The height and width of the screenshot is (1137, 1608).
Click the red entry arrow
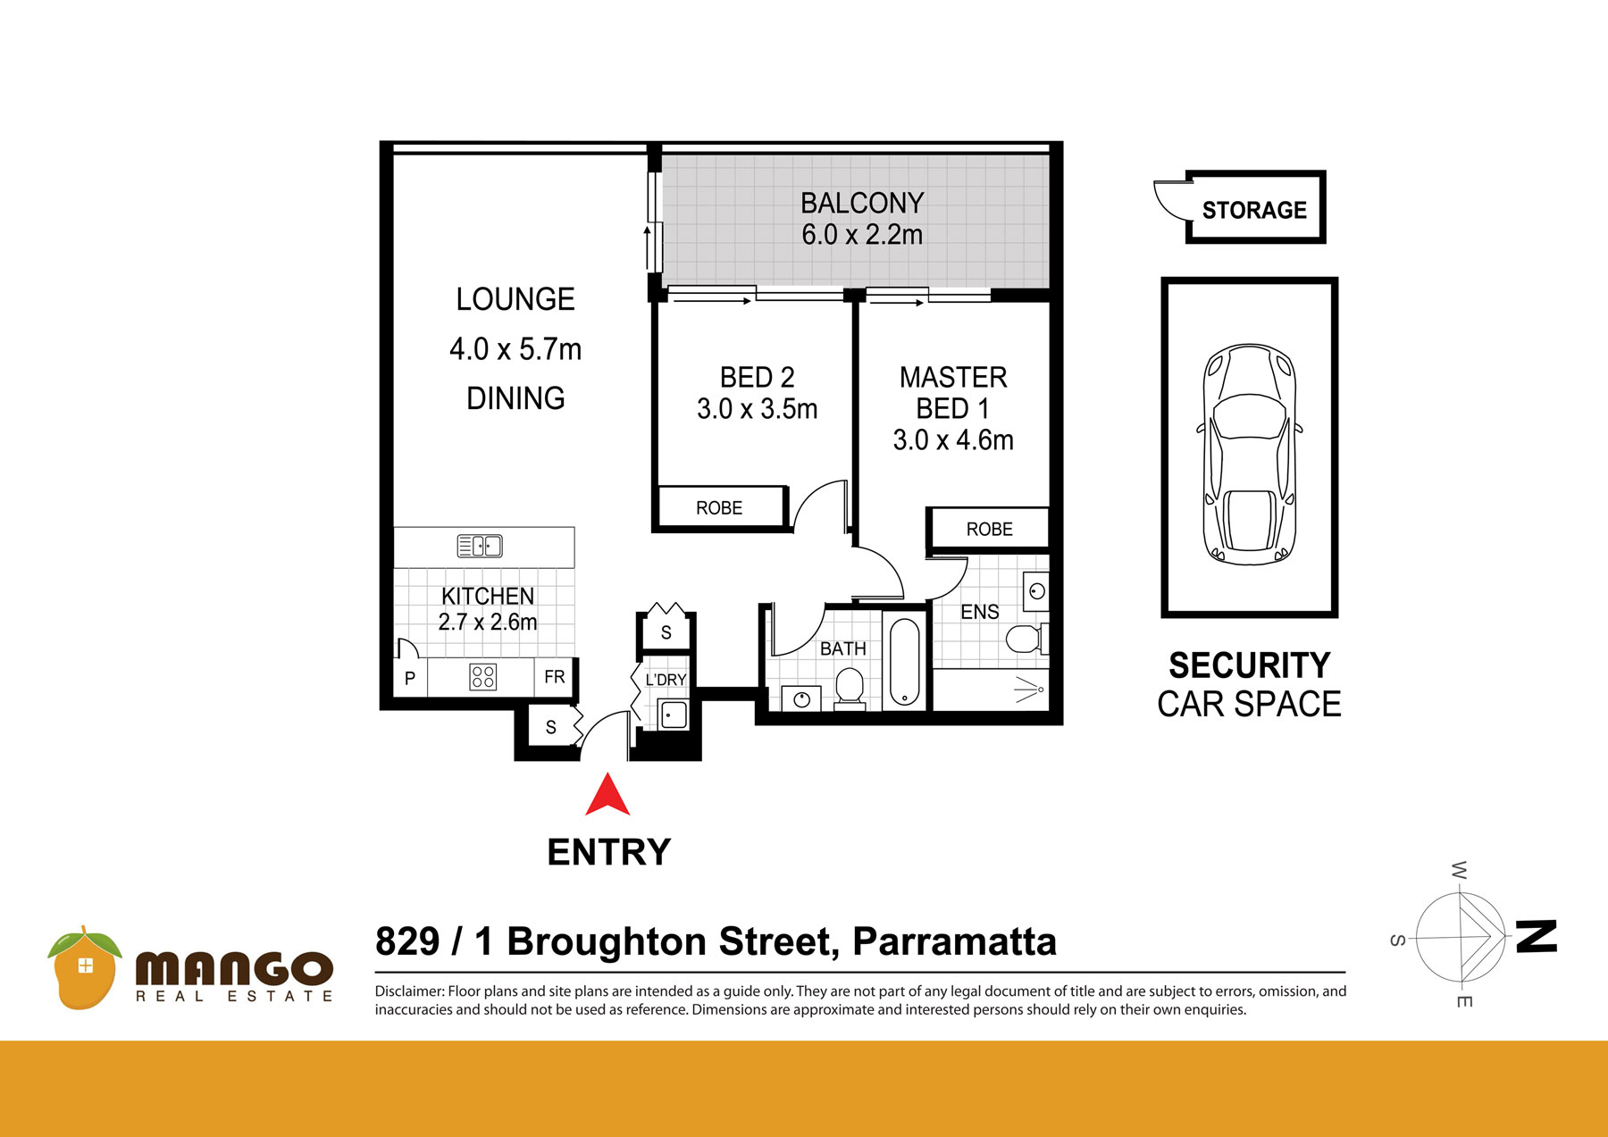point(607,795)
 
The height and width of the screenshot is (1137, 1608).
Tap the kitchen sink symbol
point(480,546)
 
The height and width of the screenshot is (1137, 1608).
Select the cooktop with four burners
point(482,677)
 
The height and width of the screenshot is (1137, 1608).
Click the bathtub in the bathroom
point(904,661)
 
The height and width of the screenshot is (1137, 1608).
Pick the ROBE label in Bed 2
point(719,508)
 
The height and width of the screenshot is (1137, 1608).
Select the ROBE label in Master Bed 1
point(990,530)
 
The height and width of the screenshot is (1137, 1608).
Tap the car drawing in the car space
point(1250,454)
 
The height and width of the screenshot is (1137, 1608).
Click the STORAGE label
point(1254,210)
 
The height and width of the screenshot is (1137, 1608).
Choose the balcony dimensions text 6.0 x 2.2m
point(862,235)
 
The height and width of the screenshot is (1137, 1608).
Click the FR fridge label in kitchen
point(555,677)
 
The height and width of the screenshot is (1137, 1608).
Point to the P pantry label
point(410,678)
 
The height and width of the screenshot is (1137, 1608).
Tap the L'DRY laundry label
point(666,680)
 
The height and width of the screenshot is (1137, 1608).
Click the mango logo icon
point(84,968)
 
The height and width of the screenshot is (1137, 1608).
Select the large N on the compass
point(1537,937)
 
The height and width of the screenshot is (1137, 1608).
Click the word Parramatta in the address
point(954,942)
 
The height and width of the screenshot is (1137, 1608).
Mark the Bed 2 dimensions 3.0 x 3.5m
point(758,409)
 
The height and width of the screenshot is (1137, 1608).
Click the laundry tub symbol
point(673,715)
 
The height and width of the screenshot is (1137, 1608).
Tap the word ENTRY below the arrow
point(609,852)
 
